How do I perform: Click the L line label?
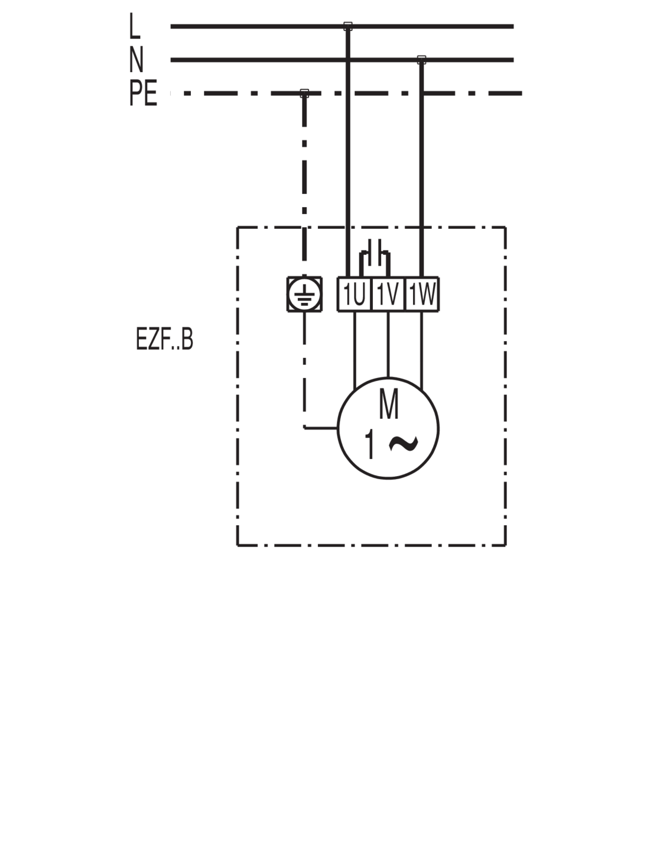[135, 27]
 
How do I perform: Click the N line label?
[136, 59]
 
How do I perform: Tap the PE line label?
[144, 93]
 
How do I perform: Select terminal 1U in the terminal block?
[353, 294]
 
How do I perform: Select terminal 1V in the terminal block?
[387, 294]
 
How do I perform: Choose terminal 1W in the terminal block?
[422, 294]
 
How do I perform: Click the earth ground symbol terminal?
[304, 294]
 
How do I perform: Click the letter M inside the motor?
[388, 404]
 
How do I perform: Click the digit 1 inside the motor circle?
[370, 445]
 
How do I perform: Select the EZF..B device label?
[164, 341]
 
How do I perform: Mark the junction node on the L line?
[347, 26]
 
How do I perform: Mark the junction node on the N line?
[421, 59]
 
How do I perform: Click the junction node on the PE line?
[304, 93]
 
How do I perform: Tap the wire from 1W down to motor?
[422, 349]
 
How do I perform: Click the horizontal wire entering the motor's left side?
[321, 426]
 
